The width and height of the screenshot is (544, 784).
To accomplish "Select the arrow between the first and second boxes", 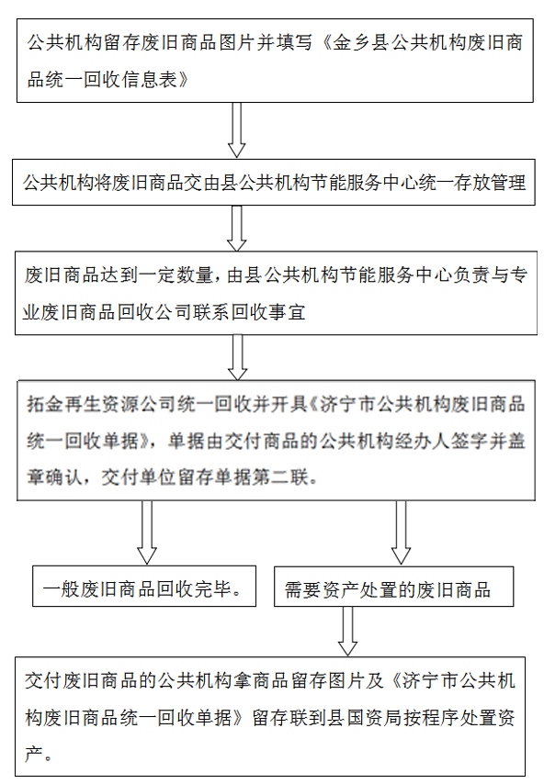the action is point(236,130).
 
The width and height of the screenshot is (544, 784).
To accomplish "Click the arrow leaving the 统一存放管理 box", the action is point(236,228).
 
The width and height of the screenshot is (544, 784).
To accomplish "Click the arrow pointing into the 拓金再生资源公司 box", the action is point(237,357).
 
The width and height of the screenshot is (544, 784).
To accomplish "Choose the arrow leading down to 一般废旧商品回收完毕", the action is point(147,532).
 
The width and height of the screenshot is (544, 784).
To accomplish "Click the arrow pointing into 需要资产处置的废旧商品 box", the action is point(401,532).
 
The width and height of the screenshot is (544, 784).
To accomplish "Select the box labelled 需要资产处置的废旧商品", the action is point(394,587).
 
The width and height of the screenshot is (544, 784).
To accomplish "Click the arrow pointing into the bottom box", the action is point(347,631).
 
